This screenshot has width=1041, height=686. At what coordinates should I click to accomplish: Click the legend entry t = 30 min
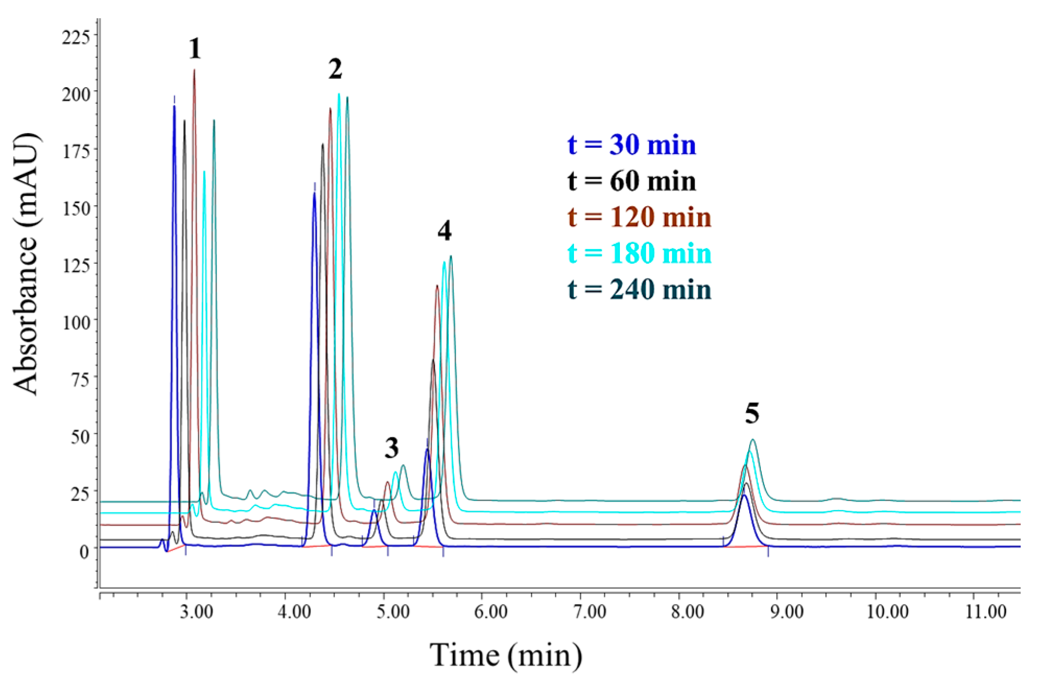pos(631,145)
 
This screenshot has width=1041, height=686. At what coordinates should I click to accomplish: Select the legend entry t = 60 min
pos(631,181)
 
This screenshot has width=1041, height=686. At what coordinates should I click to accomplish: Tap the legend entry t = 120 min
pos(639,217)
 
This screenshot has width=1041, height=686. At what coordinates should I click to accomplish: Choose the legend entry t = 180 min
pos(639,253)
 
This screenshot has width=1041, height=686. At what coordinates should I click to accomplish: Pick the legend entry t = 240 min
pos(639,289)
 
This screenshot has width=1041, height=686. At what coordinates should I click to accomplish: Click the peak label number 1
pos(195,49)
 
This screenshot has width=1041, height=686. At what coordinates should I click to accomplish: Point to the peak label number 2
pos(335,69)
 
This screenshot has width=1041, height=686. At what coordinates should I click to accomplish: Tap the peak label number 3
pos(392,448)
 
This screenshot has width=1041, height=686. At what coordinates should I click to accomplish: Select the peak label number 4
pos(445,231)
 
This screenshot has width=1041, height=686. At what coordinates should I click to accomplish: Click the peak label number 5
pos(752,413)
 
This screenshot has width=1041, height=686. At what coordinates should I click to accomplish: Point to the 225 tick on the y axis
pos(76,38)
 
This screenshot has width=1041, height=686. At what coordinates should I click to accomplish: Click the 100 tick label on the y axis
pos(76,323)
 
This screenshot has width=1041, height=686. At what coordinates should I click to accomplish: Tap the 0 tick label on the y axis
pos(85,551)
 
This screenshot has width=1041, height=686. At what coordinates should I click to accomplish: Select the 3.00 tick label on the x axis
pos(196,612)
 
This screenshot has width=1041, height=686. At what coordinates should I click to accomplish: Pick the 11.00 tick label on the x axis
pos(985,612)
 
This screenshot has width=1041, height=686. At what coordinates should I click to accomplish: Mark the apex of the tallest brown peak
pos(194,70)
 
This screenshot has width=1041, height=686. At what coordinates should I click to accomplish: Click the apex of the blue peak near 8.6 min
pos(744,495)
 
